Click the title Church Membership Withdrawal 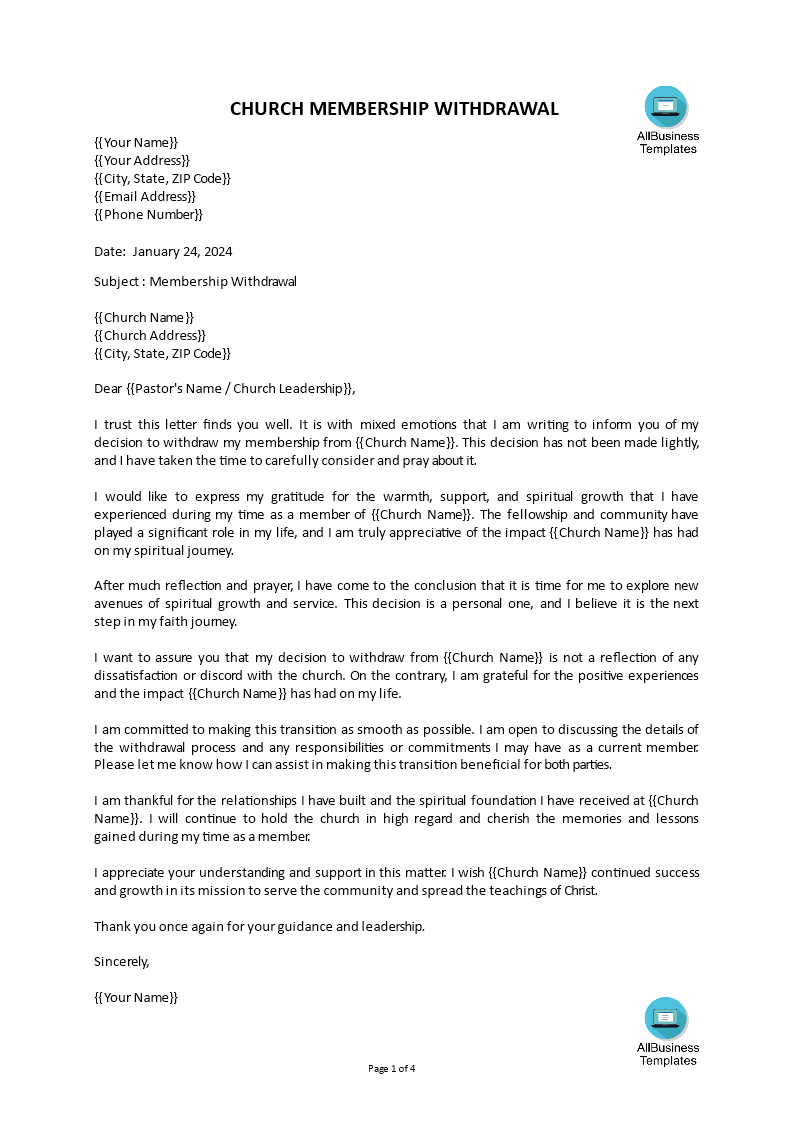pos(394,109)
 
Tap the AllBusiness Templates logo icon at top pos(666,107)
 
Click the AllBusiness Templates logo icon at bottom pos(666,1018)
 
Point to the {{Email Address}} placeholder pos(145,197)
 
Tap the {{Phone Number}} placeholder pos(148,215)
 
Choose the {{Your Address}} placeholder pos(142,161)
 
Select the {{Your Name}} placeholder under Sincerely pos(136,998)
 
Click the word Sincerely pos(121,962)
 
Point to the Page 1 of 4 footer pos(392,1069)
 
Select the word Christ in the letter pos(577,891)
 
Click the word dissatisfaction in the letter pos(136,676)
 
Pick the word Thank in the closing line pos(111,927)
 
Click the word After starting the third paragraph pos(109,586)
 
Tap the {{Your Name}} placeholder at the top pos(136,143)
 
